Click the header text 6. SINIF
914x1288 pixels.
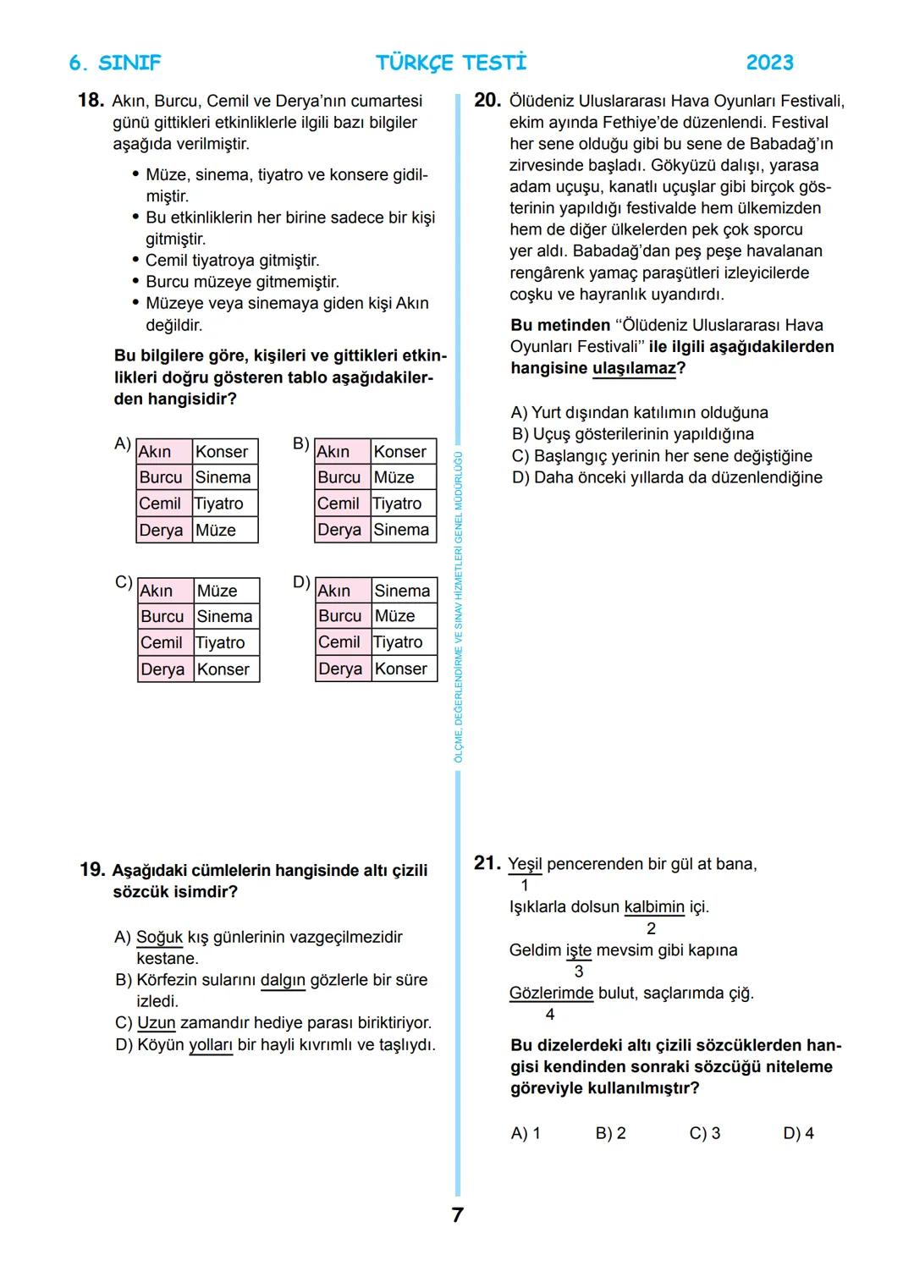click(114, 63)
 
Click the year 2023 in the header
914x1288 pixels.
click(769, 63)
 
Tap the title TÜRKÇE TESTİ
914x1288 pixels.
click(451, 63)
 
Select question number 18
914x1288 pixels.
click(90, 101)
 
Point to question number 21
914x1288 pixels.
click(487, 863)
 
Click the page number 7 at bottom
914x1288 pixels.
click(457, 1215)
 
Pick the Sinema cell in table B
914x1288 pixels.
click(401, 530)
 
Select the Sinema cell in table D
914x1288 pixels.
click(402, 591)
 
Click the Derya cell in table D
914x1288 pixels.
click(340, 669)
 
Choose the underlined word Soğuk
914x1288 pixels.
click(159, 938)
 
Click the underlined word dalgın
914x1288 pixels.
click(282, 980)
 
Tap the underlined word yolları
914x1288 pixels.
click(210, 1045)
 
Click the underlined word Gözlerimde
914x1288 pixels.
click(551, 993)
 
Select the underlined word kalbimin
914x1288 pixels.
click(653, 907)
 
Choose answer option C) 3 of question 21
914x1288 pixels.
click(704, 1133)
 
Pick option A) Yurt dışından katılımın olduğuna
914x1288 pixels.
click(639, 413)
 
